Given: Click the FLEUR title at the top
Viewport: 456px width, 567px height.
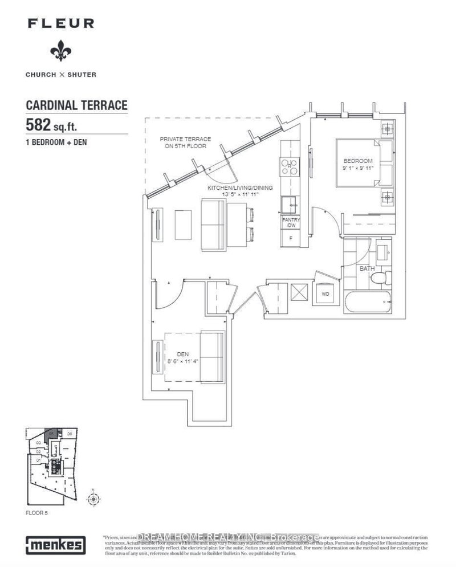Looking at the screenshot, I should [x=59, y=24].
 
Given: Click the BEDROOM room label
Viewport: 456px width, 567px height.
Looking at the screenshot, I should [x=357, y=161].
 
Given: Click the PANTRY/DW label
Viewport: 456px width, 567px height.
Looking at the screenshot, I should [x=291, y=222].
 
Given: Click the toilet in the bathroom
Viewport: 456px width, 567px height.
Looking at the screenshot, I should [x=378, y=278].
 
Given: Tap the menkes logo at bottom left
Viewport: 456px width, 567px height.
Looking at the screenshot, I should [x=55, y=544].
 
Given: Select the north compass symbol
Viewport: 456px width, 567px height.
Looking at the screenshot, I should [x=92, y=499].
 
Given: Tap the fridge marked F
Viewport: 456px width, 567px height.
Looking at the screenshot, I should [x=291, y=239].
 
